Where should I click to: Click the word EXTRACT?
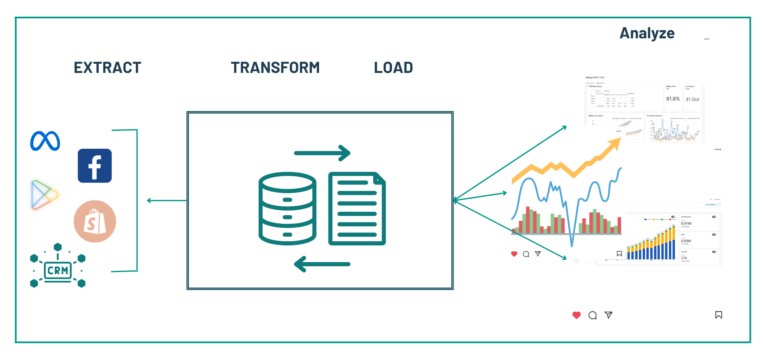107,67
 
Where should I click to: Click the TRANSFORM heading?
275,67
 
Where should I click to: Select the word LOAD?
393,67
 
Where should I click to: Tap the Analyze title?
647,33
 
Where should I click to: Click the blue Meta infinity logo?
45,141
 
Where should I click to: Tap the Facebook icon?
95,166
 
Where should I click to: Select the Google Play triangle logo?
43,195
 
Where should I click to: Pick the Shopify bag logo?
95,221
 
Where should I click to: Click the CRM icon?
57,270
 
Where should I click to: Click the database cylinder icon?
287,208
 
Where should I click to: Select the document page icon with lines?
357,208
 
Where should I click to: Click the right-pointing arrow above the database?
322,153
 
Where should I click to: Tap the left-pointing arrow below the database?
322,264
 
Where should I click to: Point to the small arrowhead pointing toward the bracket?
149,200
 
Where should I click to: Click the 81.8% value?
673,99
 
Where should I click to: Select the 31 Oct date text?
692,100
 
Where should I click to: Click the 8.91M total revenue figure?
686,224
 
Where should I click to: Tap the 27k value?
684,258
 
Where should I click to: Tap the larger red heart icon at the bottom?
576,315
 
